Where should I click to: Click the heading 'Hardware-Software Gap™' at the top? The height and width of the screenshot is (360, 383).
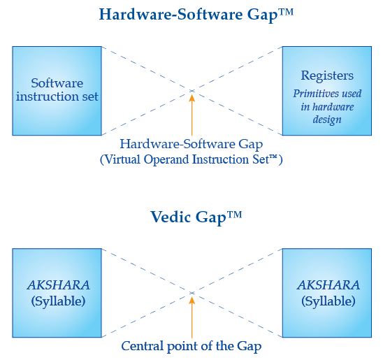(196, 15)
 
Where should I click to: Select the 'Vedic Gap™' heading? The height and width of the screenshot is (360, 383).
(196, 217)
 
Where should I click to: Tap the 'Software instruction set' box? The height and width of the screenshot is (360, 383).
(57, 91)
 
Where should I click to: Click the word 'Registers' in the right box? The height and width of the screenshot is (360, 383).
(327, 75)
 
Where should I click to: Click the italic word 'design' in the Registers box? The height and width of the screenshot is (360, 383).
(327, 120)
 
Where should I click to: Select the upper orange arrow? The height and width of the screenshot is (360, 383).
(192, 115)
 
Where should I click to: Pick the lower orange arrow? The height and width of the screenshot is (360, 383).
(192, 317)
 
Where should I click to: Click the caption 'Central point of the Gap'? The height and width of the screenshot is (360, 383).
(191, 346)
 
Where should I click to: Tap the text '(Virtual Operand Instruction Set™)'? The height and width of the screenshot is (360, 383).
(191, 160)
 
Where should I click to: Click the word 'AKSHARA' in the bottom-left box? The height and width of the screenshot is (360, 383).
(59, 285)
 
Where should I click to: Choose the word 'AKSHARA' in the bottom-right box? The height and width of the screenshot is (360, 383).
(328, 285)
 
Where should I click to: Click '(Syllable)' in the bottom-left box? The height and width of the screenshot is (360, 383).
(59, 301)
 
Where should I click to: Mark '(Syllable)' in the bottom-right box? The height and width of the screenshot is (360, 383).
(328, 301)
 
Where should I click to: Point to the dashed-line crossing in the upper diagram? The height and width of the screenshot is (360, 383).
(192, 91)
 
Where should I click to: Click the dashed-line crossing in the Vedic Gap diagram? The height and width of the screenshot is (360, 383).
(192, 293)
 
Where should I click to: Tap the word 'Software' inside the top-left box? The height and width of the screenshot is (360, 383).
(57, 83)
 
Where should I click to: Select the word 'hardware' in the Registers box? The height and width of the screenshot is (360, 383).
(333, 107)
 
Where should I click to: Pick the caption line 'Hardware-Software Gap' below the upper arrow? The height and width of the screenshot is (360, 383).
(191, 144)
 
